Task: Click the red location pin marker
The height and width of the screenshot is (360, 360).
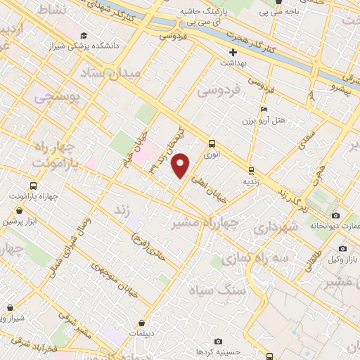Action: point(181,165)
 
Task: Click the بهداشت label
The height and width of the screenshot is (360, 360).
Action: point(233,63)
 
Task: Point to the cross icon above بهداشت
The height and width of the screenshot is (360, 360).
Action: point(234,52)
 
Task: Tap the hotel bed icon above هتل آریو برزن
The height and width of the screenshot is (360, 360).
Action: point(264,110)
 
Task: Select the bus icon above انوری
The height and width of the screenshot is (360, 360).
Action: point(212,143)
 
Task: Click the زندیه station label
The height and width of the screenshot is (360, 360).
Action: point(251,181)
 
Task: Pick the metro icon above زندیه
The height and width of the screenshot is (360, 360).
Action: point(251,170)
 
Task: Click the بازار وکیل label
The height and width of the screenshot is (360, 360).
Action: point(342,259)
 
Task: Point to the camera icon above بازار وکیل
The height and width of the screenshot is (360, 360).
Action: point(342,248)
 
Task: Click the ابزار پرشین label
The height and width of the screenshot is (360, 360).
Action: point(19,221)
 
